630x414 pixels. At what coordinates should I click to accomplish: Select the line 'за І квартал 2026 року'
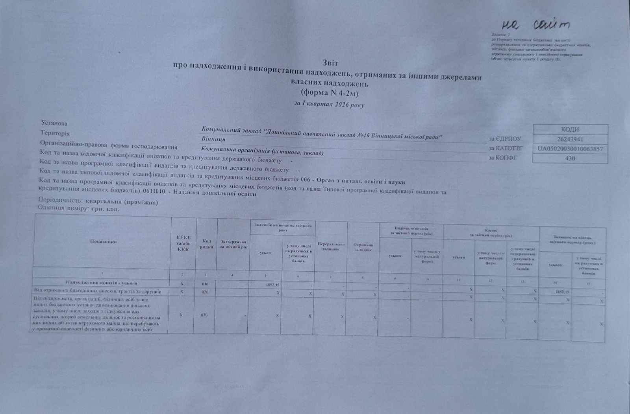pos(329,105)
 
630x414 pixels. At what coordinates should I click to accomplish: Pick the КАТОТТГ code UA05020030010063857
pos(570,149)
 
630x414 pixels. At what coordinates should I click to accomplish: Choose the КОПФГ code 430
pos(570,158)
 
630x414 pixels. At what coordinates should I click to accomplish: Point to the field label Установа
pos(54,123)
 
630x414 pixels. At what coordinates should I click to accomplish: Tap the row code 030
pos(204,315)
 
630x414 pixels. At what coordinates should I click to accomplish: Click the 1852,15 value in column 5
pos(272,284)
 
